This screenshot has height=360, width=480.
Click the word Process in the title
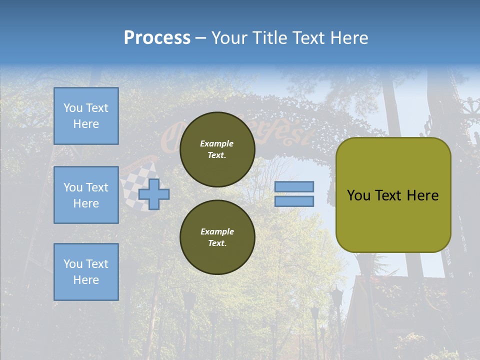pyautogui.click(x=157, y=38)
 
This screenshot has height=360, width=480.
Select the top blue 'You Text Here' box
pyautogui.click(x=86, y=116)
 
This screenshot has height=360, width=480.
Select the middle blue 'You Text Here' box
pyautogui.click(x=86, y=195)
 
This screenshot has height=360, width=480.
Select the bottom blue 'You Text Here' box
pyautogui.click(x=86, y=271)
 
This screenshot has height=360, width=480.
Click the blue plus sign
pyautogui.click(x=154, y=193)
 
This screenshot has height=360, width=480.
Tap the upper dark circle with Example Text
pyautogui.click(x=217, y=149)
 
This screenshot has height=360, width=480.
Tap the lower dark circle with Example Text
pyautogui.click(x=217, y=237)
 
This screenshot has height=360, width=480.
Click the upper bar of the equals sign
pyautogui.click(x=294, y=186)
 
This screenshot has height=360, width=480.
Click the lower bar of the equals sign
pyautogui.click(x=294, y=201)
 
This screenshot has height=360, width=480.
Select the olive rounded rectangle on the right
pyautogui.click(x=393, y=220)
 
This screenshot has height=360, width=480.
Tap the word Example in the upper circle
pyautogui.click(x=217, y=143)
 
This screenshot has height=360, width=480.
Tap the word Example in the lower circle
pyautogui.click(x=217, y=231)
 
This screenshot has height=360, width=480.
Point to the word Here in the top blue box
pyautogui.click(x=86, y=124)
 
